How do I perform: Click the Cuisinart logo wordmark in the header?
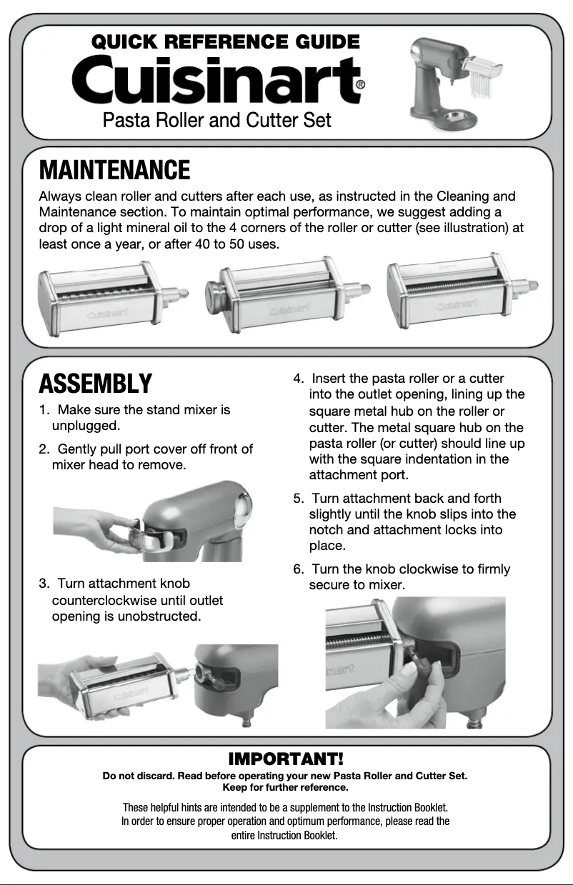pos(214,81)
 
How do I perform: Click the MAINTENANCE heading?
pos(114,171)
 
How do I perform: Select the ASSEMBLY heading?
pos(95,384)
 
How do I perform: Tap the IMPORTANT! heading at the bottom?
pos(286,758)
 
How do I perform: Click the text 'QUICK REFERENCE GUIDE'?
pos(226,42)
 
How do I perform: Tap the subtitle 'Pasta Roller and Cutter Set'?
pos(216,119)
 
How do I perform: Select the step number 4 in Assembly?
pos(299,378)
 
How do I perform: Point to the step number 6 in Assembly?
pos(298,569)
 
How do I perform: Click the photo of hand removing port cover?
pos(152,521)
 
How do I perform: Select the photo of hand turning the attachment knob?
pos(414,663)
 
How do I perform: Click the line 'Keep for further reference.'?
pos(286,787)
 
